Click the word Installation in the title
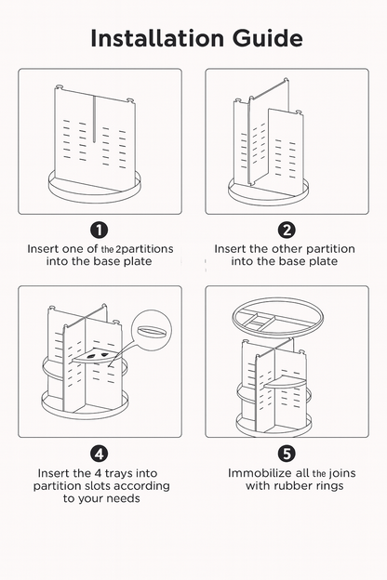[x=157, y=38]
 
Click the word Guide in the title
[x=268, y=39]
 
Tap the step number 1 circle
[x=100, y=231]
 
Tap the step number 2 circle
[x=287, y=231]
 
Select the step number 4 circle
[x=100, y=454]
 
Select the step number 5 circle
[x=287, y=454]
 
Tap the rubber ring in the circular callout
[x=151, y=330]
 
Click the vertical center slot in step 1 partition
[x=94, y=119]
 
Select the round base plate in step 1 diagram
[x=95, y=187]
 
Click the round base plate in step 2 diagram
[x=268, y=192]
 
